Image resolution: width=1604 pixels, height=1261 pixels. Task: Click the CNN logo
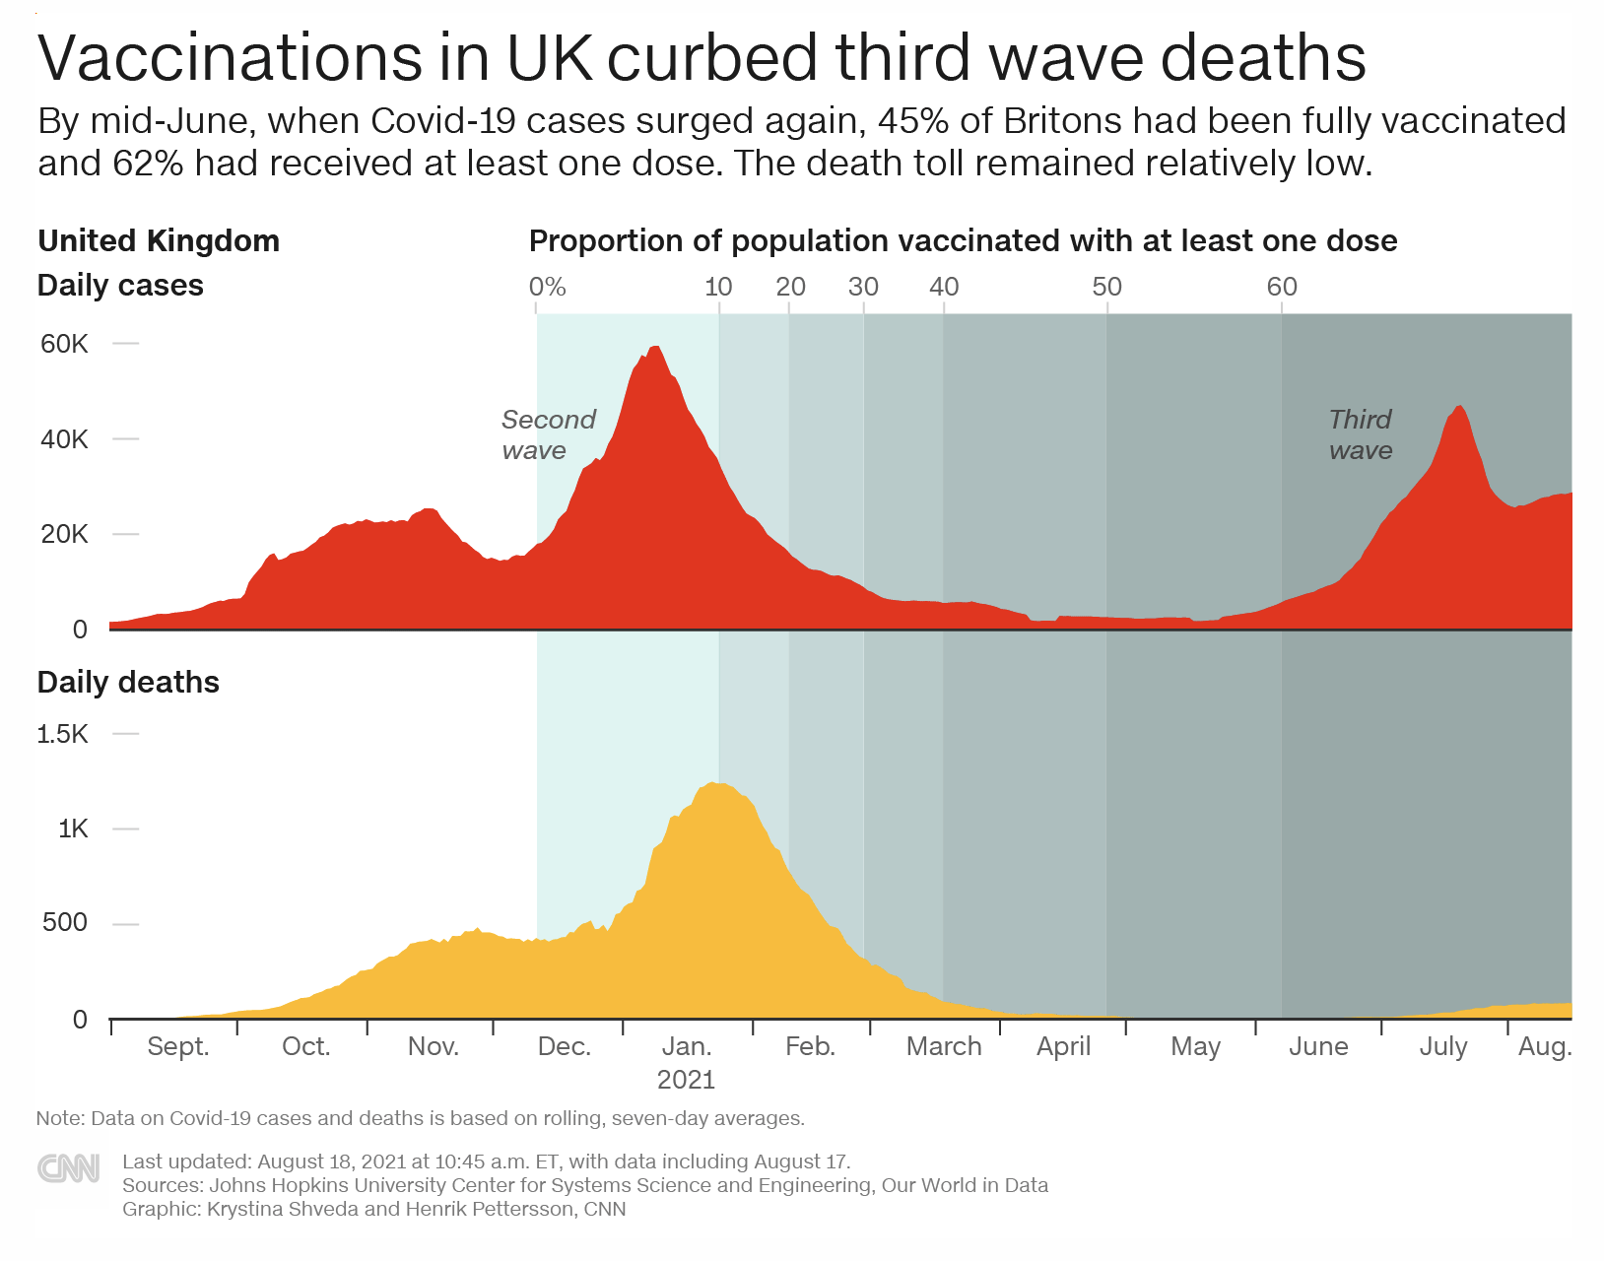68,1168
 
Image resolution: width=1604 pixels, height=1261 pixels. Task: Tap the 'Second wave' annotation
548,434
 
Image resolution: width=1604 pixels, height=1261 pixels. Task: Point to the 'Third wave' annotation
1360,434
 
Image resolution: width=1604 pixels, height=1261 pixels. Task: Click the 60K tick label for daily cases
64,344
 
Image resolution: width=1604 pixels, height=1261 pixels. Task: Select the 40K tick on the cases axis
64,439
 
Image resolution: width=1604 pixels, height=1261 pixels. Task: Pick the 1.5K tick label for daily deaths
62,734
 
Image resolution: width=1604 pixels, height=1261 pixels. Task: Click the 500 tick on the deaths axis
65,923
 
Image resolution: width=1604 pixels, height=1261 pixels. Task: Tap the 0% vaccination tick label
547,287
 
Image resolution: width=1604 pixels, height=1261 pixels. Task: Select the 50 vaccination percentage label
1106,287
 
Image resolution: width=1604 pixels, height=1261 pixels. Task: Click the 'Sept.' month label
178,1046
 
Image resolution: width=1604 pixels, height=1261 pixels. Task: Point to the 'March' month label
944,1046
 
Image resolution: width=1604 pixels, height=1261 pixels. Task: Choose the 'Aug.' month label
1544,1046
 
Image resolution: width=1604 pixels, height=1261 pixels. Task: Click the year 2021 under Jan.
686,1080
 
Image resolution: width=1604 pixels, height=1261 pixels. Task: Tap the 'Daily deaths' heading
128,682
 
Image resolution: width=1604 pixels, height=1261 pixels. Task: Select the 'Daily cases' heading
120,286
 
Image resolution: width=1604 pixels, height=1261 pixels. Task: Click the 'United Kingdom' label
159,240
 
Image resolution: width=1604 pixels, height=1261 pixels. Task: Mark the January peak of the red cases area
654,349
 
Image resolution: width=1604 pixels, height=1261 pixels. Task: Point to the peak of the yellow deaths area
711,785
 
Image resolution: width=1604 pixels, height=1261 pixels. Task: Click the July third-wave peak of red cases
1459,408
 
